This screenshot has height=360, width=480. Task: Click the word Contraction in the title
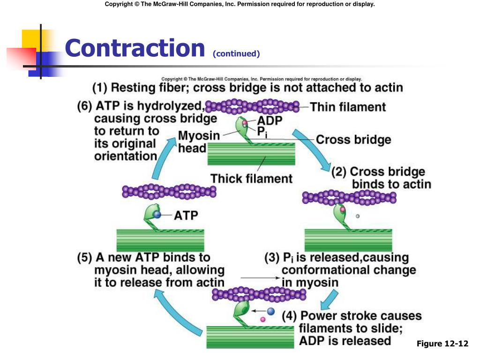click(135, 48)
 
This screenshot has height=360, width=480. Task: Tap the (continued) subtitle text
click(236, 54)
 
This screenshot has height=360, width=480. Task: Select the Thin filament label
click(348, 107)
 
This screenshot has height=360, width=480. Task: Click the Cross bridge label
click(353, 140)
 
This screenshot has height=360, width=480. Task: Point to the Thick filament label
click(251, 179)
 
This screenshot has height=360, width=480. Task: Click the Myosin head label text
click(199, 142)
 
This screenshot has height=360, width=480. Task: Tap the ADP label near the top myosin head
click(270, 120)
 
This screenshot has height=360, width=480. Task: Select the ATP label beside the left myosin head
click(186, 216)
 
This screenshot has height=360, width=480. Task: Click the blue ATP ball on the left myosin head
click(157, 215)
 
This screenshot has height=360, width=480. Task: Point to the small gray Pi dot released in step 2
click(358, 216)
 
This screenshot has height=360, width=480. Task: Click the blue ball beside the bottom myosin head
click(271, 311)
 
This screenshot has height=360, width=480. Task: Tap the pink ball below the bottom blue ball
click(262, 319)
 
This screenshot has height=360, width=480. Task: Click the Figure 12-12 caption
click(442, 344)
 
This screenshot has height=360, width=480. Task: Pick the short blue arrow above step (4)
click(329, 300)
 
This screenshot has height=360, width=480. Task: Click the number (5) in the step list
click(84, 258)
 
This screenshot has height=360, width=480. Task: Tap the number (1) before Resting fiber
click(100, 88)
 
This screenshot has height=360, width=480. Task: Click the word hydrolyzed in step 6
click(171, 106)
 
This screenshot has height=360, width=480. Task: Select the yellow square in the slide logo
click(32, 40)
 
